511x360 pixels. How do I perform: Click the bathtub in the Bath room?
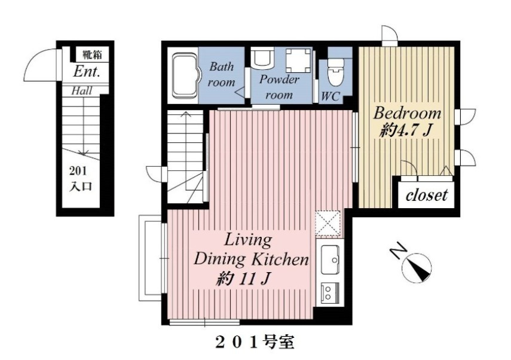pos(185,76)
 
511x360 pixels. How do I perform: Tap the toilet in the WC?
pos(335,71)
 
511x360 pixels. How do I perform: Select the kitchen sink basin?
pos(330,260)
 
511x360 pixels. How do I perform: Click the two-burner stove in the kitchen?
pos(330,292)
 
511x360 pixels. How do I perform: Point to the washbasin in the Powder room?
pos(262,57)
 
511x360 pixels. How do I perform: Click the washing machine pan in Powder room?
pos(298,61)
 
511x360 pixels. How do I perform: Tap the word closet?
pos(426,196)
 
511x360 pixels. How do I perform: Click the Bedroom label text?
pos(407,113)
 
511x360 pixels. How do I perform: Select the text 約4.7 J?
pos(405,130)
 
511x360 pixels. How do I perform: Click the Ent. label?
pos(86,71)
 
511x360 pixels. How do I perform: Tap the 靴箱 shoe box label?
pos(91,54)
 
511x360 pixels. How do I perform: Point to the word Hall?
pos(81,91)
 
